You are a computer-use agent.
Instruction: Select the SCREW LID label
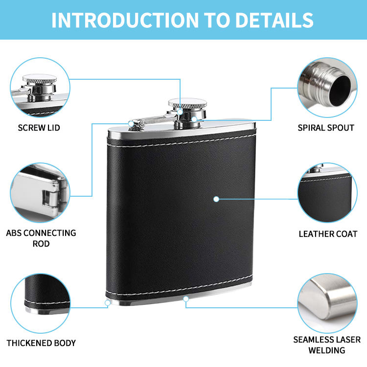pyautogui.click(x=39, y=128)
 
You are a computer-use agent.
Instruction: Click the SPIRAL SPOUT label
pyautogui.click(x=326, y=128)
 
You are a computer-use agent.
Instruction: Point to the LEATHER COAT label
pyautogui.click(x=328, y=234)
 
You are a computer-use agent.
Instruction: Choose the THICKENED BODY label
pyautogui.click(x=41, y=343)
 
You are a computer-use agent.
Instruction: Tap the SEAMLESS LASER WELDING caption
pyautogui.click(x=327, y=344)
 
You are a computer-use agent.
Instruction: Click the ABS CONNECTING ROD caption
pyautogui.click(x=41, y=238)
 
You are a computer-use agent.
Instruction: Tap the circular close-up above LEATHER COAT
pyautogui.click(x=327, y=193)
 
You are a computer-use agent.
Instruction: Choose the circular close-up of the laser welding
pyautogui.click(x=327, y=299)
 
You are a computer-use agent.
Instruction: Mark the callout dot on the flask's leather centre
pyautogui.click(x=216, y=199)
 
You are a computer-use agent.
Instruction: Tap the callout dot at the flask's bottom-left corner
pyautogui.click(x=108, y=303)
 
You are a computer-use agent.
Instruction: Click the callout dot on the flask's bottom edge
pyautogui.click(x=185, y=298)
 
